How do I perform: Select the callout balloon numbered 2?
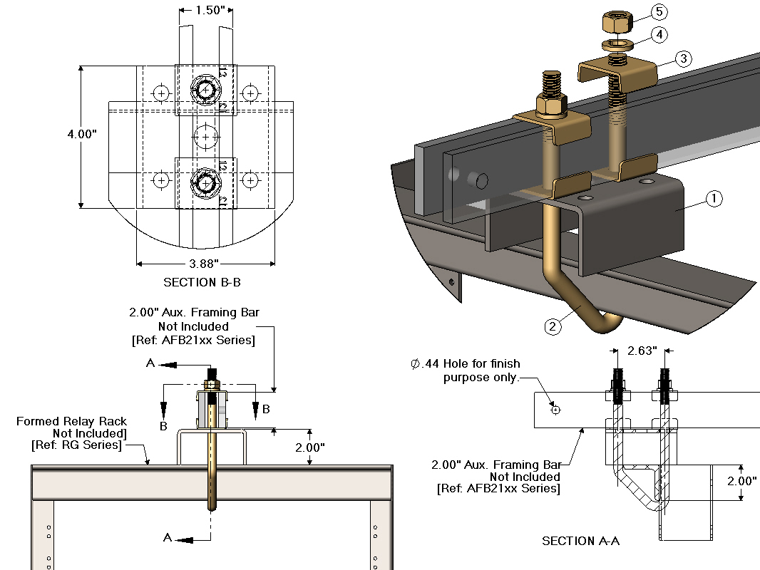coord(552,327)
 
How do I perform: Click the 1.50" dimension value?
coord(205,10)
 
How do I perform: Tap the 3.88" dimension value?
coord(205,263)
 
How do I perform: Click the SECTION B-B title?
coord(202,282)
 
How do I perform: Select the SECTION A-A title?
coord(580,541)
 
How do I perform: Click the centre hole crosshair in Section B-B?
coord(206,135)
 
